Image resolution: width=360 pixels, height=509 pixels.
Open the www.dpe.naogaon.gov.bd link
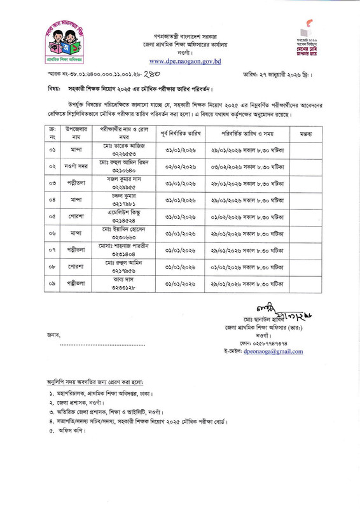click(x=179, y=62)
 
